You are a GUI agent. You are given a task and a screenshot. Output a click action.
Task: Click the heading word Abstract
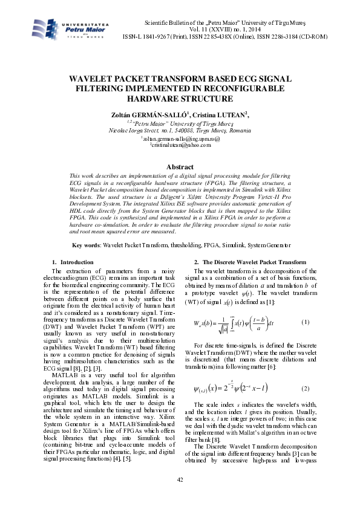180,167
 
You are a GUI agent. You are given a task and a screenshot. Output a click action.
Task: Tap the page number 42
180,479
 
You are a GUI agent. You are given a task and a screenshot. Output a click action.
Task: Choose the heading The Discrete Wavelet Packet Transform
254,262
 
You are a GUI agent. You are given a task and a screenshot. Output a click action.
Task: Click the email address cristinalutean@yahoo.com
180,146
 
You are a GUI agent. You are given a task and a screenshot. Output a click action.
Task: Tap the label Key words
87,245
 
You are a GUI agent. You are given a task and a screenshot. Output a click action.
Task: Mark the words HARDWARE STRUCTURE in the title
180,97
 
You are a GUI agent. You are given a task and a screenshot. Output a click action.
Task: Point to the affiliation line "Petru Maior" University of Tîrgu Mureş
180,123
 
